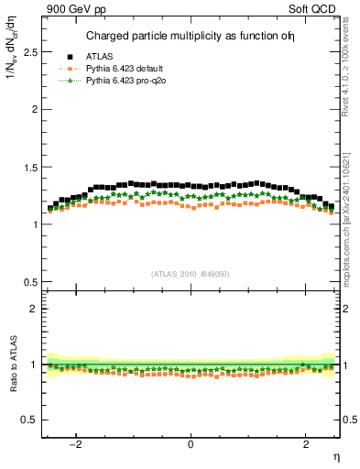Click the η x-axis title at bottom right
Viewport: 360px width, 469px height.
(336, 455)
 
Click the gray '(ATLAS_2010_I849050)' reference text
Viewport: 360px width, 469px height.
(191, 274)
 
